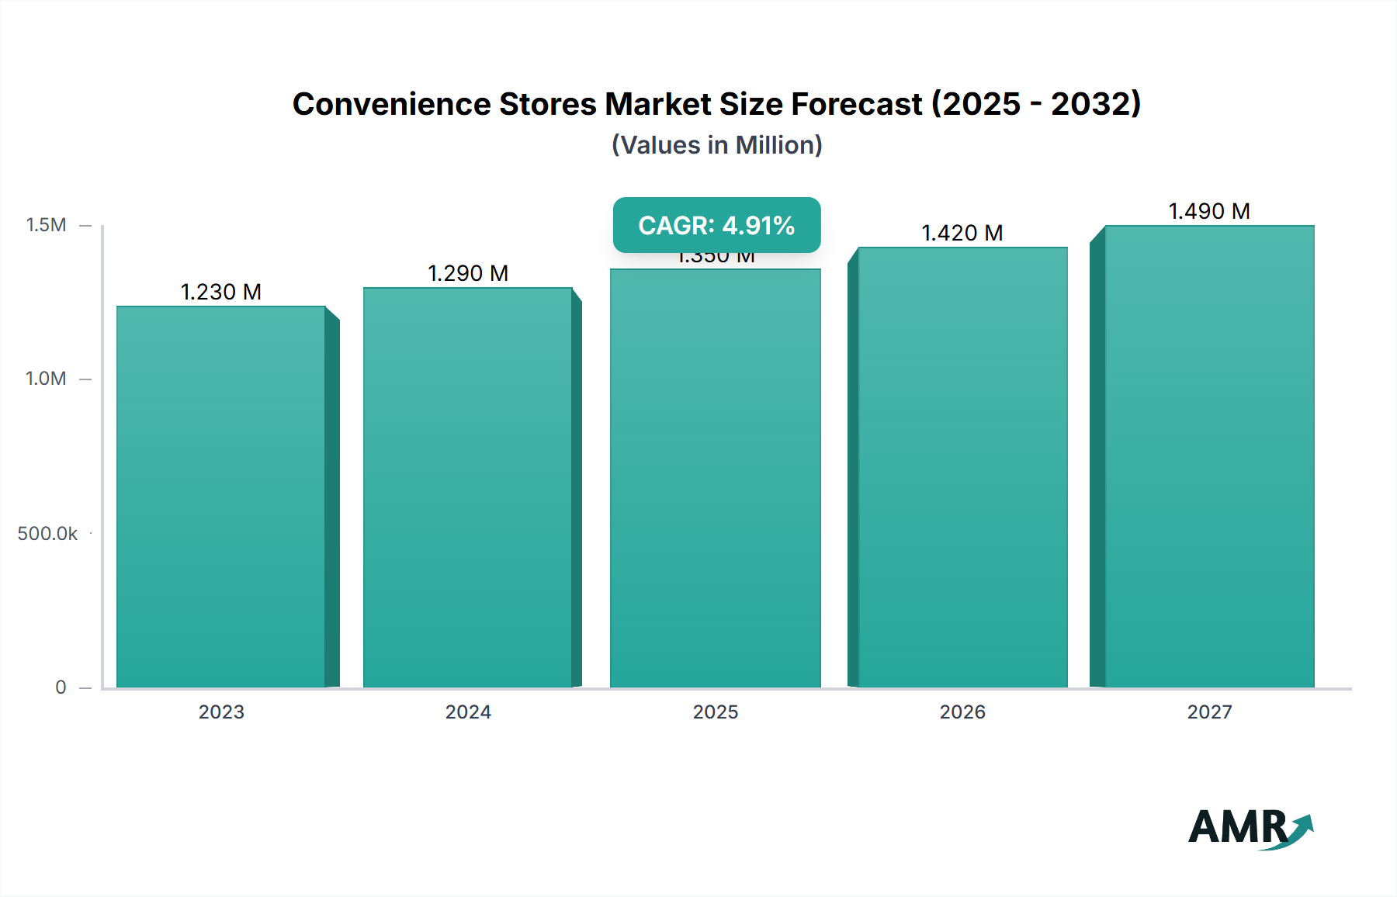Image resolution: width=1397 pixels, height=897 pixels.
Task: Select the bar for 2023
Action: pyautogui.click(x=221, y=497)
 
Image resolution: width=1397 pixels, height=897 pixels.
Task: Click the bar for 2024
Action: pyautogui.click(x=468, y=487)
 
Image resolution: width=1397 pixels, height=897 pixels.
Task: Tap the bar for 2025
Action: pyautogui.click(x=716, y=478)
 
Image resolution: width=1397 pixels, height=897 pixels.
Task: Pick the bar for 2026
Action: pyautogui.click(x=962, y=467)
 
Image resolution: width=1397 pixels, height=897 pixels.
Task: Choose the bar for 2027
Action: pyautogui.click(x=1209, y=456)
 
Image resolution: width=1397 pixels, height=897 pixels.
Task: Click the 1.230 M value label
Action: pyautogui.click(x=221, y=293)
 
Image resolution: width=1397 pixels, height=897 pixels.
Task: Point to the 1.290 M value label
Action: pyautogui.click(x=468, y=274)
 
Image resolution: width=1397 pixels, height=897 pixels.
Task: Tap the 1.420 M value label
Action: pyautogui.click(x=962, y=234)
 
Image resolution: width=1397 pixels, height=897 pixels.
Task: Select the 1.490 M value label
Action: pyautogui.click(x=1209, y=212)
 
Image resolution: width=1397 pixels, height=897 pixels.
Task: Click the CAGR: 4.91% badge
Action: pyautogui.click(x=716, y=225)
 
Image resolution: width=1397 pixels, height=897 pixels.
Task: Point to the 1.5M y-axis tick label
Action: pyautogui.click(x=47, y=225)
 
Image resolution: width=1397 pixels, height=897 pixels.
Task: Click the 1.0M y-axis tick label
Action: pyautogui.click(x=47, y=379)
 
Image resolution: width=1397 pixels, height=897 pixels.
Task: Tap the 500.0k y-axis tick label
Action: pyautogui.click(x=48, y=534)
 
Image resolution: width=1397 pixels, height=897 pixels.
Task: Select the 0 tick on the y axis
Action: pyautogui.click(x=61, y=687)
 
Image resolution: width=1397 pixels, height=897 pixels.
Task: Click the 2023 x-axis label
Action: pyautogui.click(x=221, y=712)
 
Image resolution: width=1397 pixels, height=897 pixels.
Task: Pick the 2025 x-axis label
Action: pyautogui.click(x=716, y=712)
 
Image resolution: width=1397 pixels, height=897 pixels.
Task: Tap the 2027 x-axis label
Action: pyautogui.click(x=1209, y=712)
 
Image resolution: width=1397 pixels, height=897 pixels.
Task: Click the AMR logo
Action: pyautogui.click(x=1250, y=829)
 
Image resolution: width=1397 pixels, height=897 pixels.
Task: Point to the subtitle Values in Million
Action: pyautogui.click(x=716, y=145)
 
